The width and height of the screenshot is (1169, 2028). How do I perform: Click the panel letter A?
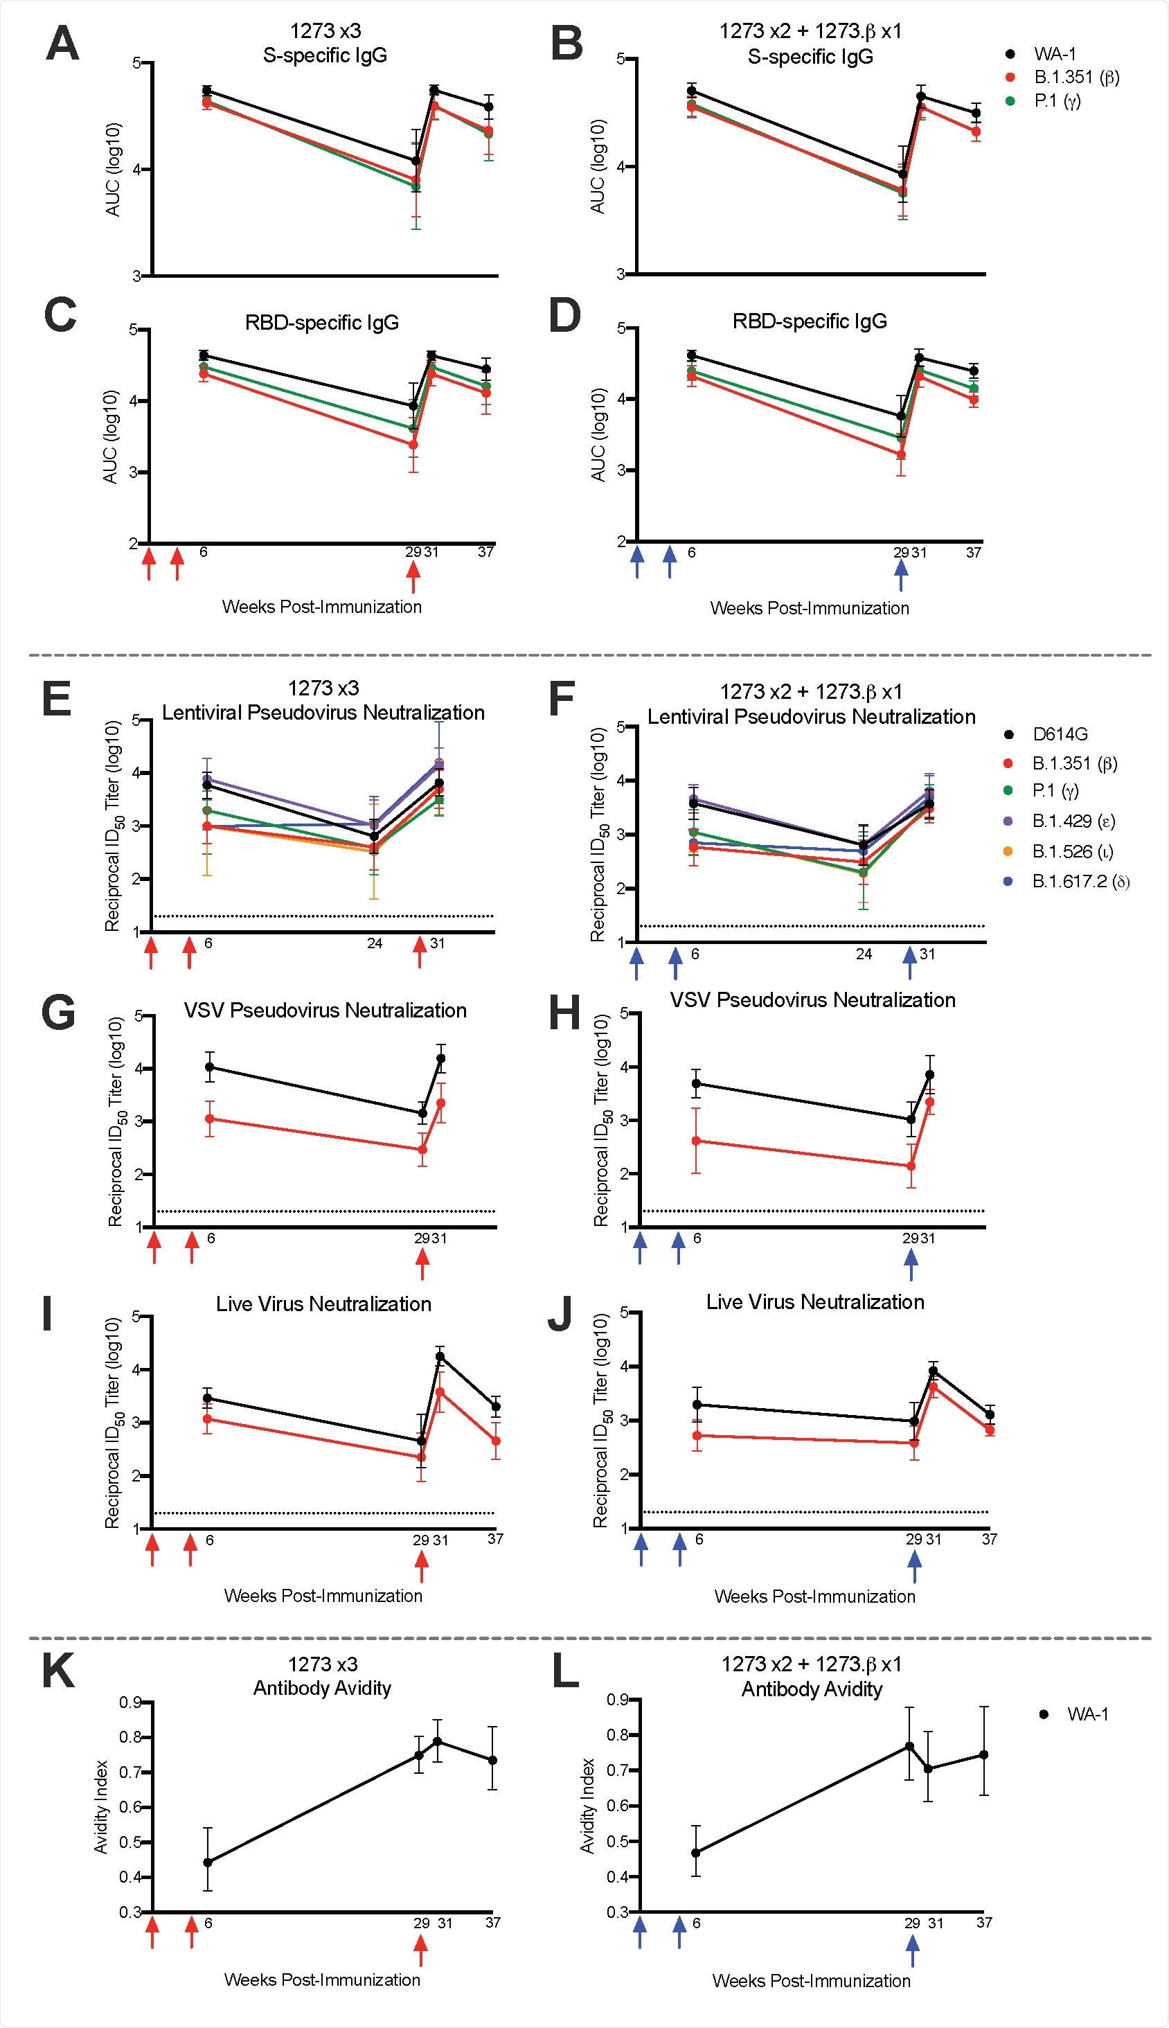coord(62,44)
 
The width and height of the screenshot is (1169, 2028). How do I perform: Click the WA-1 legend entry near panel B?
coord(1054,54)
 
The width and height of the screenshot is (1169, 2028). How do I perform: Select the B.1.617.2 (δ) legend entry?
coord(1080,881)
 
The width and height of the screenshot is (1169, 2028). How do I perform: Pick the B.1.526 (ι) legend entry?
coord(1072,851)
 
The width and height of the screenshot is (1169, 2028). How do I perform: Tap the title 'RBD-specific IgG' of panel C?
coord(322,323)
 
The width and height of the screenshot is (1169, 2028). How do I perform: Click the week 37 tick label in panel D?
coord(973,552)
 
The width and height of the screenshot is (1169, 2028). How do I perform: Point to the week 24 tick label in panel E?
coord(374,943)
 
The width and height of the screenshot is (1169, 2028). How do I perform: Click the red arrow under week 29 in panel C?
coord(413,575)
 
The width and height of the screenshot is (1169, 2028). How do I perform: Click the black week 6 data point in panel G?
coord(210,1067)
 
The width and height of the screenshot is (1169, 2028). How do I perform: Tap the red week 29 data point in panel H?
coord(911,1166)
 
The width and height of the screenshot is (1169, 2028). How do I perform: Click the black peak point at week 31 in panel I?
coord(440,1356)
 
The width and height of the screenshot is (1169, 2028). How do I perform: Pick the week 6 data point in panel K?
coord(208,1862)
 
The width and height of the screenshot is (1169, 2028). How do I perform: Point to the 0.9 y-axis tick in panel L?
coord(618,1700)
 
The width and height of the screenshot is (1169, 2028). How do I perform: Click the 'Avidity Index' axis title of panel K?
coord(101,1807)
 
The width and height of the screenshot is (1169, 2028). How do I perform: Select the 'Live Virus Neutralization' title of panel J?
coord(815,1301)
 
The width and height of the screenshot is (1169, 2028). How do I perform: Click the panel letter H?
coord(564,1014)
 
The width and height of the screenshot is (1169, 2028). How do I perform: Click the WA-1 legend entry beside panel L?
coord(1087,1714)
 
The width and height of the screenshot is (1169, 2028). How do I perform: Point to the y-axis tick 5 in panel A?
coord(136,62)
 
